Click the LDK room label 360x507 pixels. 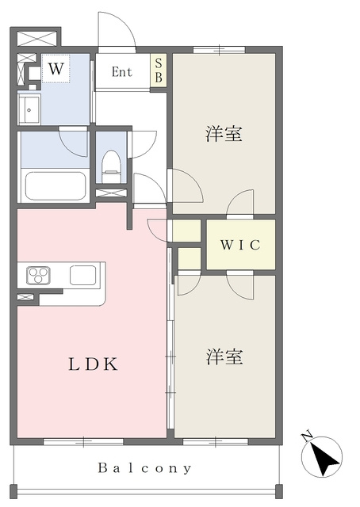click(x=93, y=364)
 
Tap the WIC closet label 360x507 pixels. click(x=240, y=245)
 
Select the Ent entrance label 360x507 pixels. click(x=122, y=72)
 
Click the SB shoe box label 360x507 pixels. click(x=159, y=71)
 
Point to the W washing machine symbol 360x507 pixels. click(x=56, y=69)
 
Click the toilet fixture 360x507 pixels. click(x=111, y=166)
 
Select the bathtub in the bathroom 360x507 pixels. click(x=56, y=186)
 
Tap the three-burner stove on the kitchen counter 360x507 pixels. click(x=39, y=276)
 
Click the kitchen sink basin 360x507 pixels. click(x=83, y=275)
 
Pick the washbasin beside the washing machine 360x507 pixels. click(x=29, y=109)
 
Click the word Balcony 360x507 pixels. click(x=144, y=468)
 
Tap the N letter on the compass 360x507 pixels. click(x=306, y=436)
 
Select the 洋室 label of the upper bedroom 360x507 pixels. click(x=224, y=134)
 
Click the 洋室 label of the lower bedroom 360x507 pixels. click(x=224, y=357)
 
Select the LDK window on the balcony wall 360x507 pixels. click(x=83, y=441)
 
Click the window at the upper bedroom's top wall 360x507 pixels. click(x=219, y=50)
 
